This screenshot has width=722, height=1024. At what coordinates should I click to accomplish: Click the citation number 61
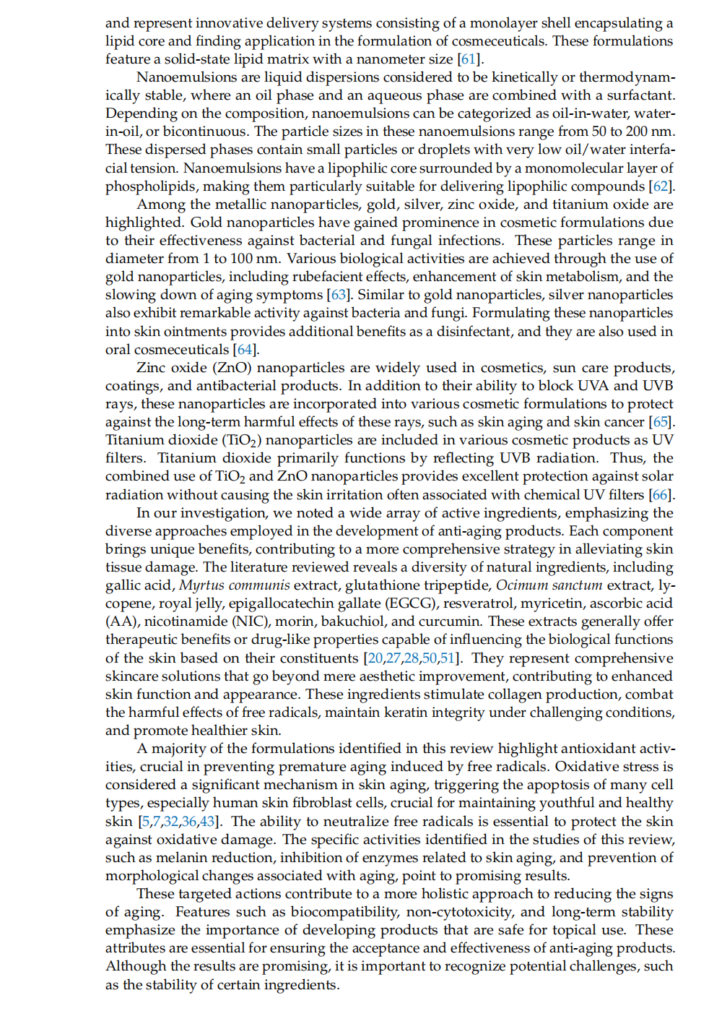[x=468, y=59]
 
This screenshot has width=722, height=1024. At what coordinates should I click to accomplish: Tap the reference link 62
[x=661, y=186]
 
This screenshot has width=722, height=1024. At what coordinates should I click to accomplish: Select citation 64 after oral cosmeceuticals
[x=245, y=350]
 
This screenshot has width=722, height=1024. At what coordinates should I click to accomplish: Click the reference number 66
[x=660, y=495]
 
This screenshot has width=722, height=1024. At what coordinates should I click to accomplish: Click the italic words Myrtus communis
[x=235, y=585]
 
